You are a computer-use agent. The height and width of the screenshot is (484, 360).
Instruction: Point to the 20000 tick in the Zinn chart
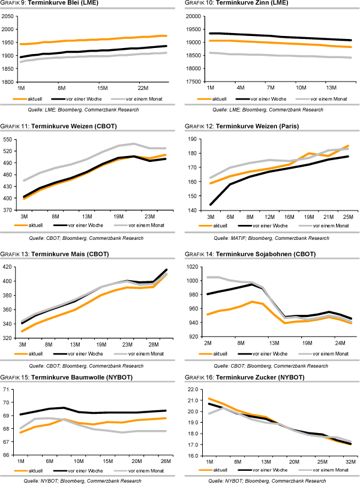point(194,16)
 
